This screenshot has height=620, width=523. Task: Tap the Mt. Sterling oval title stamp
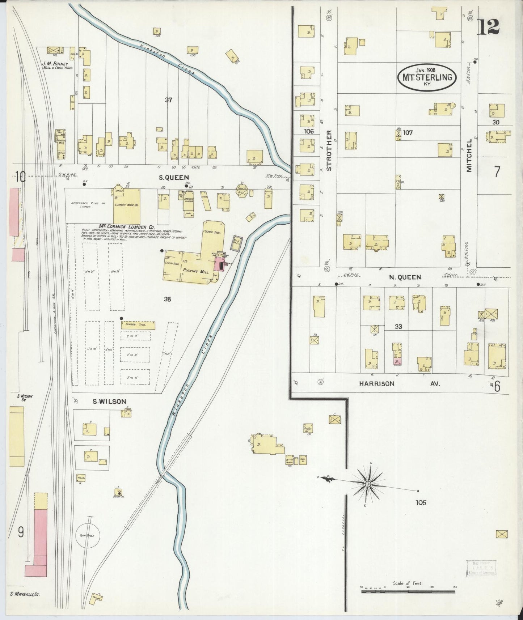pyautogui.click(x=427, y=77)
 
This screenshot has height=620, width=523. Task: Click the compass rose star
pyautogui.click(x=368, y=484)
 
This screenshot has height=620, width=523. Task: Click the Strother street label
pyautogui.click(x=329, y=150)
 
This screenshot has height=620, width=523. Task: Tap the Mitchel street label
pyautogui.click(x=469, y=155)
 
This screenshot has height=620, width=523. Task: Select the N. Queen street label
pyautogui.click(x=405, y=277)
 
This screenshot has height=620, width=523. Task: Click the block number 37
pyautogui.click(x=168, y=100)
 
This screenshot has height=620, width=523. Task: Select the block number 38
pyautogui.click(x=167, y=299)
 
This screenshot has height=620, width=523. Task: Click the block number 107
pyautogui.click(x=408, y=132)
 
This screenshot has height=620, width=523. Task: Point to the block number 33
pyautogui.click(x=398, y=326)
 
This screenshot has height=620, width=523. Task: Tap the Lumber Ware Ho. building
pyautogui.click(x=127, y=205)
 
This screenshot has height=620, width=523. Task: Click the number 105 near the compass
pyautogui.click(x=421, y=502)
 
